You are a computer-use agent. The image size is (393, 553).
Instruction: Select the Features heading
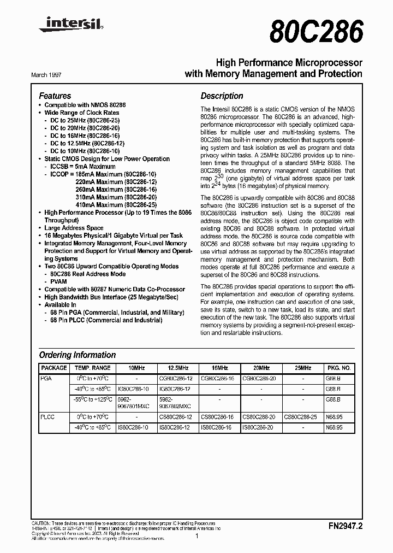point(55,96)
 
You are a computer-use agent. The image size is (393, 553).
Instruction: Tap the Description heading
point(222,96)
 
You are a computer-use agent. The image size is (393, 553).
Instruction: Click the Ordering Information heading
point(77,355)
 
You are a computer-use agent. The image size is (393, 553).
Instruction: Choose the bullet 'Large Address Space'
point(74,228)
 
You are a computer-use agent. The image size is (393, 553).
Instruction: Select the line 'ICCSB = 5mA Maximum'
point(82,167)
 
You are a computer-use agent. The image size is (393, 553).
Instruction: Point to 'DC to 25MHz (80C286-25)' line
point(85,120)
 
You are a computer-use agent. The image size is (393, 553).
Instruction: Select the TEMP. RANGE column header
point(93,368)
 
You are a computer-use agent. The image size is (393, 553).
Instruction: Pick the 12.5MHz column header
point(177,368)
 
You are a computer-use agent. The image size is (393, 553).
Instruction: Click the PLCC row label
point(49,416)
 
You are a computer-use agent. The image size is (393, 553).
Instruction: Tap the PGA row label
point(47,378)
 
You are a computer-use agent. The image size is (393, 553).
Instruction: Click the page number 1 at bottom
point(196,537)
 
